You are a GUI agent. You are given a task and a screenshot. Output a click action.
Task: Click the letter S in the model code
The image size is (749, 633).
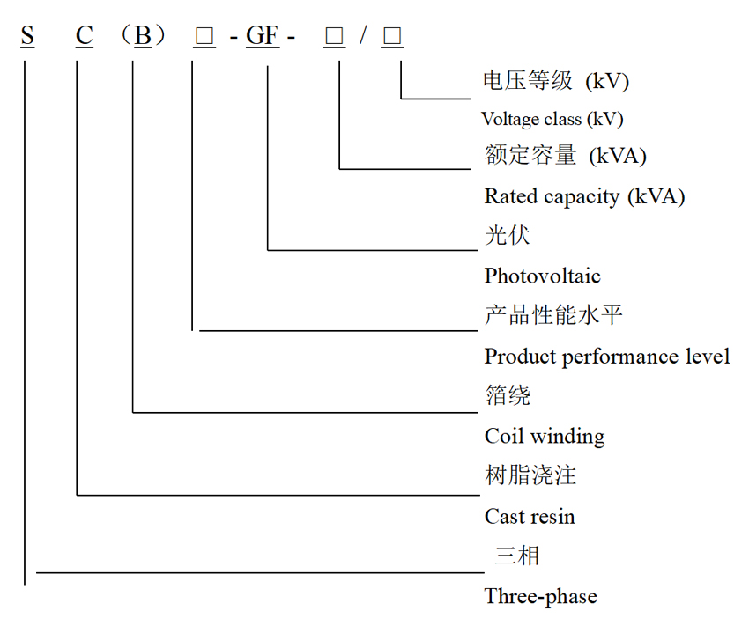(28, 36)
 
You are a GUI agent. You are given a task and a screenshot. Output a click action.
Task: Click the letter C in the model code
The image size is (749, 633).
(84, 36)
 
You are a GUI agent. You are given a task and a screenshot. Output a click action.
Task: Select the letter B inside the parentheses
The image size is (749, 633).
(142, 36)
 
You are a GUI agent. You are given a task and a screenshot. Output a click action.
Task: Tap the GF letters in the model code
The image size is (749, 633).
(262, 36)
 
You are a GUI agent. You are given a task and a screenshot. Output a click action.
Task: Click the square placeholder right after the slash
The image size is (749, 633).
(392, 36)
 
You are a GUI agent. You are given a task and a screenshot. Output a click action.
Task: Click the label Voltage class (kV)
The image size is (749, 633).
(552, 119)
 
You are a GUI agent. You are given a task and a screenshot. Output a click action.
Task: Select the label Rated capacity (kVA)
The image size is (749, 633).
(584, 195)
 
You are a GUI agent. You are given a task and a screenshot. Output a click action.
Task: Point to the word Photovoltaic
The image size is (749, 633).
(542, 276)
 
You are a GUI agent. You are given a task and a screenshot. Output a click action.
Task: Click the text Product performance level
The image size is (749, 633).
(607, 356)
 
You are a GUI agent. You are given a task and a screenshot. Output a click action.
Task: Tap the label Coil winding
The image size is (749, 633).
(545, 436)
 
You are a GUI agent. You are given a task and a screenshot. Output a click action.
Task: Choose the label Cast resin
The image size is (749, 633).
(529, 516)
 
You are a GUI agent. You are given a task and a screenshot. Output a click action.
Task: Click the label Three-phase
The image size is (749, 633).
(540, 596)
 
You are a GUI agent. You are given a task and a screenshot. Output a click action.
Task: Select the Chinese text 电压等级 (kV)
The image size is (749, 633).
(556, 81)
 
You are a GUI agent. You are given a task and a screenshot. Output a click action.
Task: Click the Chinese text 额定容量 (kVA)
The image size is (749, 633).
(566, 156)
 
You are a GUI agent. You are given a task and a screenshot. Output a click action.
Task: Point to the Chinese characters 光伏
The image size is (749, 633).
(508, 235)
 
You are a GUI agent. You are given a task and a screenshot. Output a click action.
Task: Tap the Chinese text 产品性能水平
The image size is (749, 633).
(554, 315)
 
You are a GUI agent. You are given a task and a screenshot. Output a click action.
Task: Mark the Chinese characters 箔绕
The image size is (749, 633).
(508, 395)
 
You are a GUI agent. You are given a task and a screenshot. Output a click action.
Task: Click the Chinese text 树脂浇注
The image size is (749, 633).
(530, 475)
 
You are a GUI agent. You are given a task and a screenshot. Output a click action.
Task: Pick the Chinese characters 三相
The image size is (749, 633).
(516, 556)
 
